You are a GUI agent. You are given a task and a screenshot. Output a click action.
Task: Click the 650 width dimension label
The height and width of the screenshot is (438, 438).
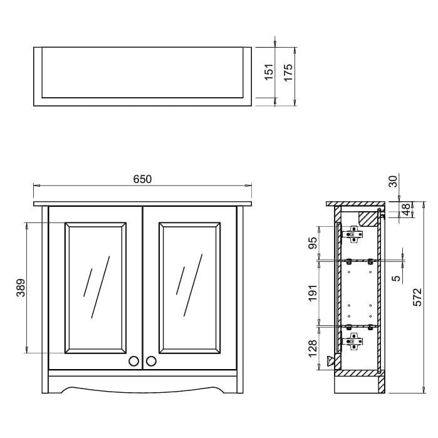tap(142, 179)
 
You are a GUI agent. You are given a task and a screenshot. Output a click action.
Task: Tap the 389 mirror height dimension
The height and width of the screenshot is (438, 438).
tap(20, 288)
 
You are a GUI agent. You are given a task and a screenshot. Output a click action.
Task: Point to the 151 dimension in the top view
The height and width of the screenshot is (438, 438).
tap(269, 73)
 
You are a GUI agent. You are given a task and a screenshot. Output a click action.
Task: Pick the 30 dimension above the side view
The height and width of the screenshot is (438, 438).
tap(393, 181)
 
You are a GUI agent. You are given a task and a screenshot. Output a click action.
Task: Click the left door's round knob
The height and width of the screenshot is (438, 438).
tap(133, 361)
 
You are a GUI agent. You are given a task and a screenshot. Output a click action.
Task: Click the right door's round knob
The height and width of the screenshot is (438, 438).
tap(151, 361)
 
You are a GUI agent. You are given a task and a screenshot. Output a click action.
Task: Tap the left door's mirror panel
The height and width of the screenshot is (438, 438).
tap(95, 287)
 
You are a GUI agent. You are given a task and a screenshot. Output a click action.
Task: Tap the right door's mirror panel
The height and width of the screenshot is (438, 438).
tap(189, 287)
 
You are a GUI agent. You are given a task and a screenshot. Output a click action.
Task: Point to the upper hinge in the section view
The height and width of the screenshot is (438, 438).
tap(353, 234)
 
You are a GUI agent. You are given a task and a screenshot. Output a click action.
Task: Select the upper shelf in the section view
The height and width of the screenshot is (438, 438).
tap(360, 260)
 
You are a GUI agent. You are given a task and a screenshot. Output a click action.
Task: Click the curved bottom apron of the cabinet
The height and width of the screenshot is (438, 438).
tap(142, 387)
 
